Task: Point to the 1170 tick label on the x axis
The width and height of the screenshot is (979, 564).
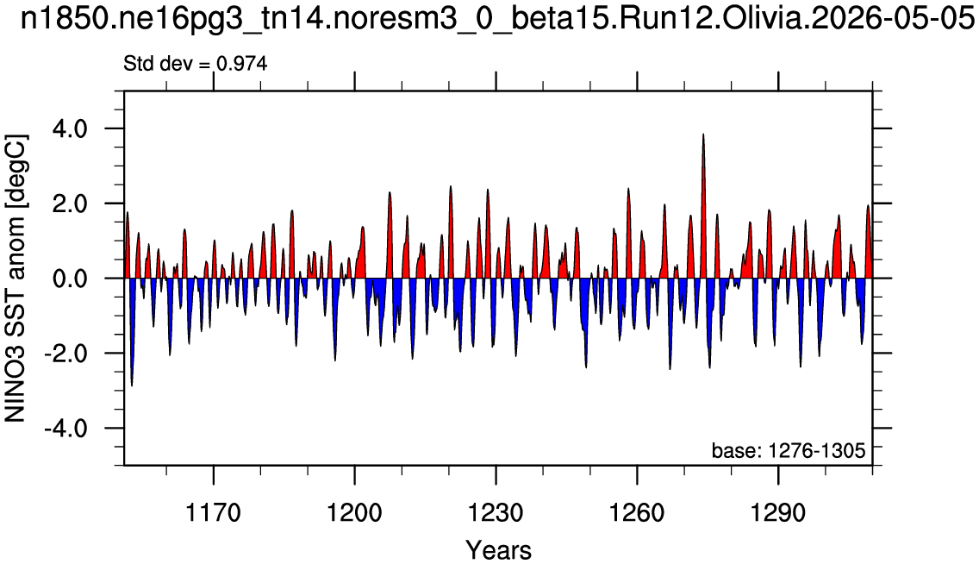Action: pos(214,513)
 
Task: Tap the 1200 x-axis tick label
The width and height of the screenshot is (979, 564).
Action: pos(355,513)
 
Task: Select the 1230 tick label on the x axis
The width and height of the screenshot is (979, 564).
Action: pos(496,513)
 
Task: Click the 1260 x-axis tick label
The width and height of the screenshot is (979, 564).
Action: pos(637,513)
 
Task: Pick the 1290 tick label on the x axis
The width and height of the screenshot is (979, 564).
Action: pos(778,513)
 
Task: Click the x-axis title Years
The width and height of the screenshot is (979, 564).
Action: pos(498,550)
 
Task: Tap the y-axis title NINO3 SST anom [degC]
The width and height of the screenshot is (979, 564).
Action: pos(15,278)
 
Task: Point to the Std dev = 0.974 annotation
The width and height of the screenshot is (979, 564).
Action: pos(196,63)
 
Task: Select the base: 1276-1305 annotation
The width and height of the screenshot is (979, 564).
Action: pos(789,450)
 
